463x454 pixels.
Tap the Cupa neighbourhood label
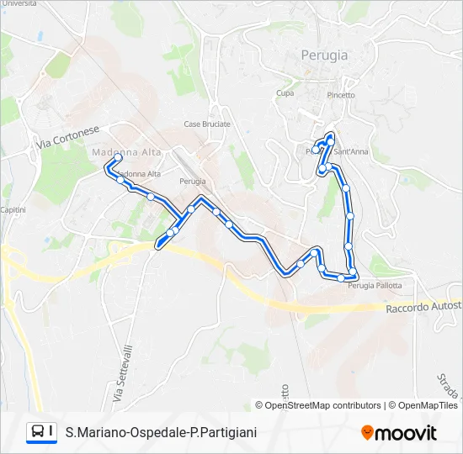pos(285,93)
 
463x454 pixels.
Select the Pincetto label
pos(340,95)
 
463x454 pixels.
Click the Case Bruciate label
pos(207,124)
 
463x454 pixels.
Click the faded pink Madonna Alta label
pos(114,151)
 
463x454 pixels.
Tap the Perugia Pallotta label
pos(375,286)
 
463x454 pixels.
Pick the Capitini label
pos(13,209)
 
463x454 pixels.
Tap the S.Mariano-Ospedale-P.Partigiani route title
pos(162,432)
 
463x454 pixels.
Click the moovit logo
pos(399,433)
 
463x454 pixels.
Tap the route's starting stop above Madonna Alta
pos(118,157)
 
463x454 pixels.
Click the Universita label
pos(19,4)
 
